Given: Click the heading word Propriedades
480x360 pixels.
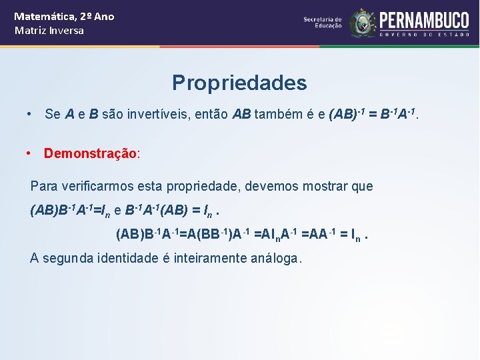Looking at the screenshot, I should (x=239, y=83).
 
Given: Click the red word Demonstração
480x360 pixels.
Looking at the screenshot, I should (x=90, y=153).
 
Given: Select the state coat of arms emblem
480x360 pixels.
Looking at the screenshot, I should (x=363, y=23).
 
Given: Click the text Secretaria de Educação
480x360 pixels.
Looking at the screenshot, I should (x=323, y=23).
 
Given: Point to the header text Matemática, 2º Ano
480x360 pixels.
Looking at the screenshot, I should (x=64, y=16).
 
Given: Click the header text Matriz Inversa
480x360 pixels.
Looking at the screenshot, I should (x=49, y=31).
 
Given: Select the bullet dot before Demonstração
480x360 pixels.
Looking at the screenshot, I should (x=29, y=153).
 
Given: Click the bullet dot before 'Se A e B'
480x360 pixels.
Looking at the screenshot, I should (x=29, y=114).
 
